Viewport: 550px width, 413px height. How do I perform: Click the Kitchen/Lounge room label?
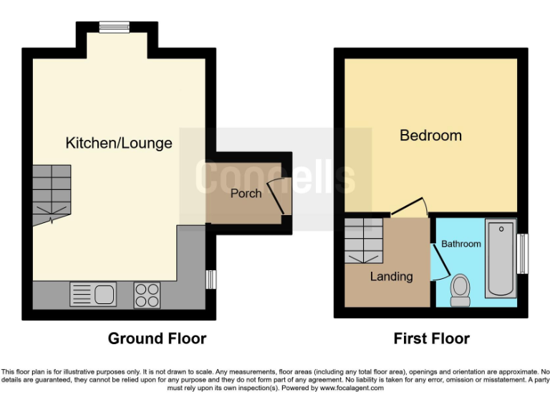click(119, 143)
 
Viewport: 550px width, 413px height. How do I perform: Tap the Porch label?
click(245, 193)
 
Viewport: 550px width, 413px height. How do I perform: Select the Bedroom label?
click(430, 136)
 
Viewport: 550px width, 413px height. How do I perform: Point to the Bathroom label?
click(460, 244)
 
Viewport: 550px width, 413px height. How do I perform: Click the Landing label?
click(391, 276)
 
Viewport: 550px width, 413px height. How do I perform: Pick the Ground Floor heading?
click(157, 338)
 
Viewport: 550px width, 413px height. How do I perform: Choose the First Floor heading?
click(431, 338)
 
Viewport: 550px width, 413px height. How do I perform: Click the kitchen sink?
click(93, 295)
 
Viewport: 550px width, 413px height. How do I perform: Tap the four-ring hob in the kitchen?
click(148, 295)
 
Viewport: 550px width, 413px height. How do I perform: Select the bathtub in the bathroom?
click(500, 259)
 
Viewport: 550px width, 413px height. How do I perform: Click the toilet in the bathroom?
click(460, 290)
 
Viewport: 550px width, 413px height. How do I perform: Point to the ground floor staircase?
click(52, 192)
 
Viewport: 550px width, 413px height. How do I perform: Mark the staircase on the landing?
click(364, 242)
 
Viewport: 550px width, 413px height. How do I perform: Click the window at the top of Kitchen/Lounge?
click(114, 27)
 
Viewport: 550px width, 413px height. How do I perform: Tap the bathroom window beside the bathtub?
click(524, 254)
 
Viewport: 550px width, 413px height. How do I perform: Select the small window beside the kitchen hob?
click(211, 279)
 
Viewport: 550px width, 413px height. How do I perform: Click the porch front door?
click(284, 195)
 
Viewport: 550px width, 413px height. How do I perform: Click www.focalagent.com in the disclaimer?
click(351, 388)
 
